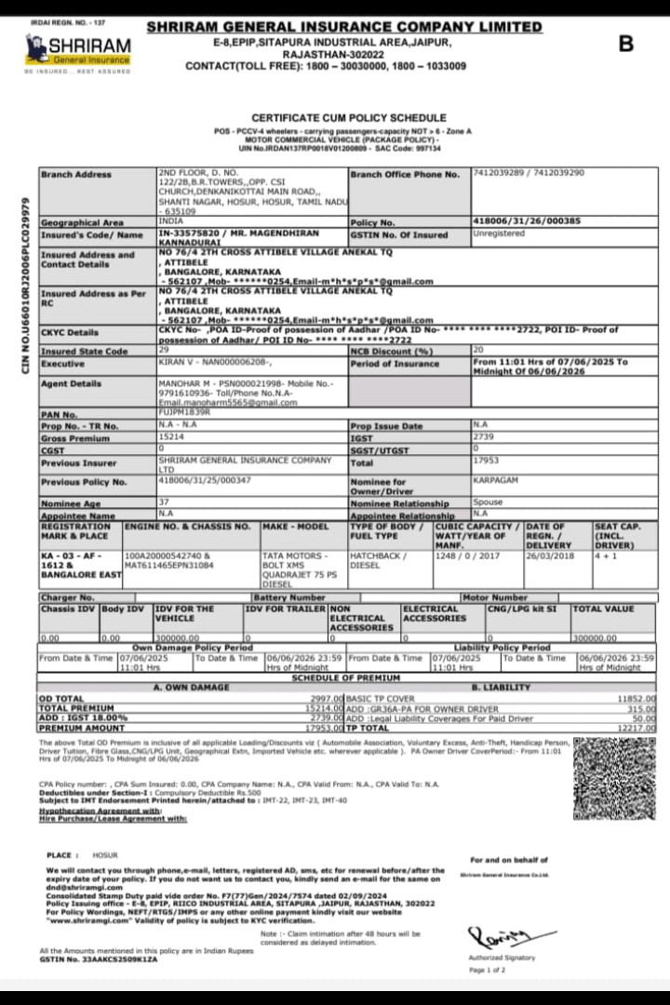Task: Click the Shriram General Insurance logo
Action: tap(78, 50)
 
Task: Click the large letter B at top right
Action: tap(625, 44)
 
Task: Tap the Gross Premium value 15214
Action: tap(171, 436)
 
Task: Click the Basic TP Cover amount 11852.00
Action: tap(636, 697)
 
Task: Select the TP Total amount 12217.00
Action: tap(636, 728)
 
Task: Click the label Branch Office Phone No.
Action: tap(405, 174)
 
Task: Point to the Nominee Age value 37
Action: tap(164, 502)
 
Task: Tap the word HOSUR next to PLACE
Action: tap(106, 853)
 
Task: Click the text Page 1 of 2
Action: tap(488, 970)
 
